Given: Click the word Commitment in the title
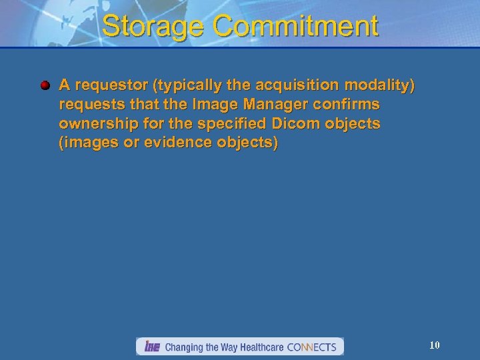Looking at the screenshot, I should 297,27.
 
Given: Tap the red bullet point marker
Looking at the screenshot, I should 45,85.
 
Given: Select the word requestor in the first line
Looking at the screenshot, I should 106,85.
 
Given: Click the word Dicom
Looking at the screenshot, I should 289,124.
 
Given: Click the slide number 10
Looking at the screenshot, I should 434,345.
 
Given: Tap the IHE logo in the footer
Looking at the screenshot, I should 151,347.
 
